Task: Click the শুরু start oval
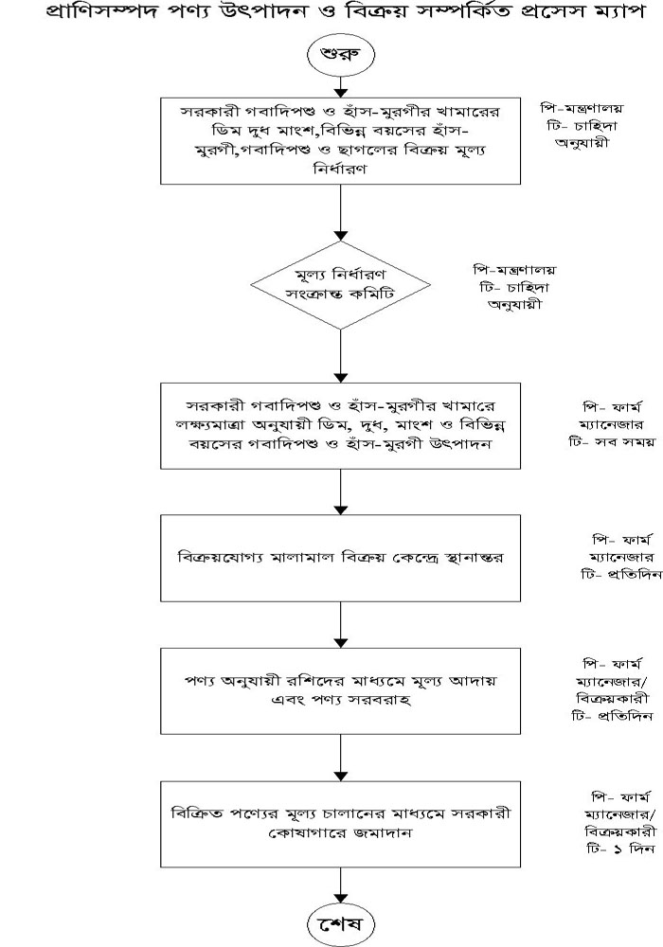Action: [x=341, y=53]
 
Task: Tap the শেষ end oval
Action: [x=341, y=923]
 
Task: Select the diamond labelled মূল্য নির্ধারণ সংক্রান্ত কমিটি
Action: [x=341, y=285]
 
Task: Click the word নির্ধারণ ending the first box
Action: [x=340, y=169]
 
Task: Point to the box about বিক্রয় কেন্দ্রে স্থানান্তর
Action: [x=341, y=558]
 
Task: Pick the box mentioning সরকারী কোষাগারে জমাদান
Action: [x=341, y=824]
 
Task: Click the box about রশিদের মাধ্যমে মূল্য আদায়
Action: [x=341, y=691]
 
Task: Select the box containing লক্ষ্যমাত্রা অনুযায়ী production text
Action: [x=341, y=426]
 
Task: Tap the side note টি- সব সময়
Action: [x=611, y=442]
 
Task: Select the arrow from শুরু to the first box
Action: [x=341, y=85]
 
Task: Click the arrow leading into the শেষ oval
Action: [x=341, y=886]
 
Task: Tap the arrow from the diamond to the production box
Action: [x=341, y=356]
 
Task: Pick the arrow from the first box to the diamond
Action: [x=341, y=212]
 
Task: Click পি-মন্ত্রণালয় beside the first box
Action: [x=582, y=109]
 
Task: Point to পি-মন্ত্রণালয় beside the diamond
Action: [x=514, y=270]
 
